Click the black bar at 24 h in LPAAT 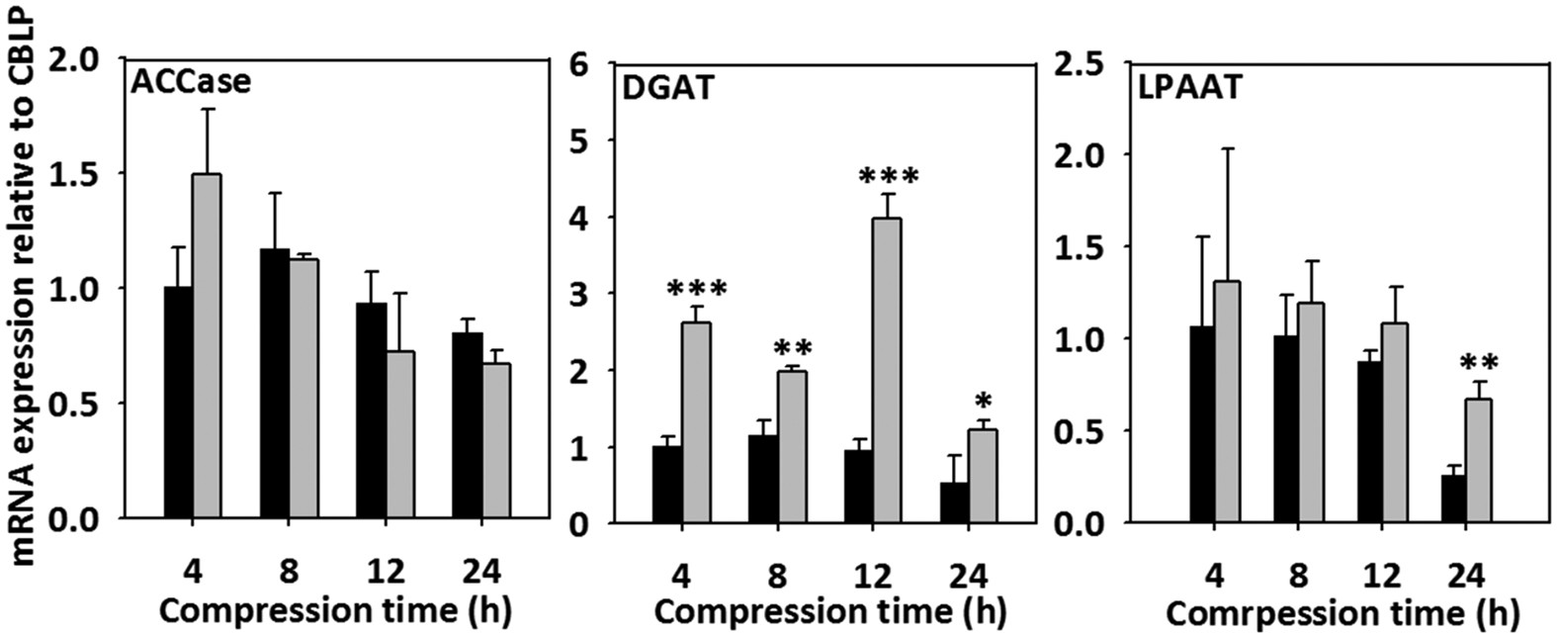(x=1453, y=500)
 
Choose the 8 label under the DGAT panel (x=776, y=576)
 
